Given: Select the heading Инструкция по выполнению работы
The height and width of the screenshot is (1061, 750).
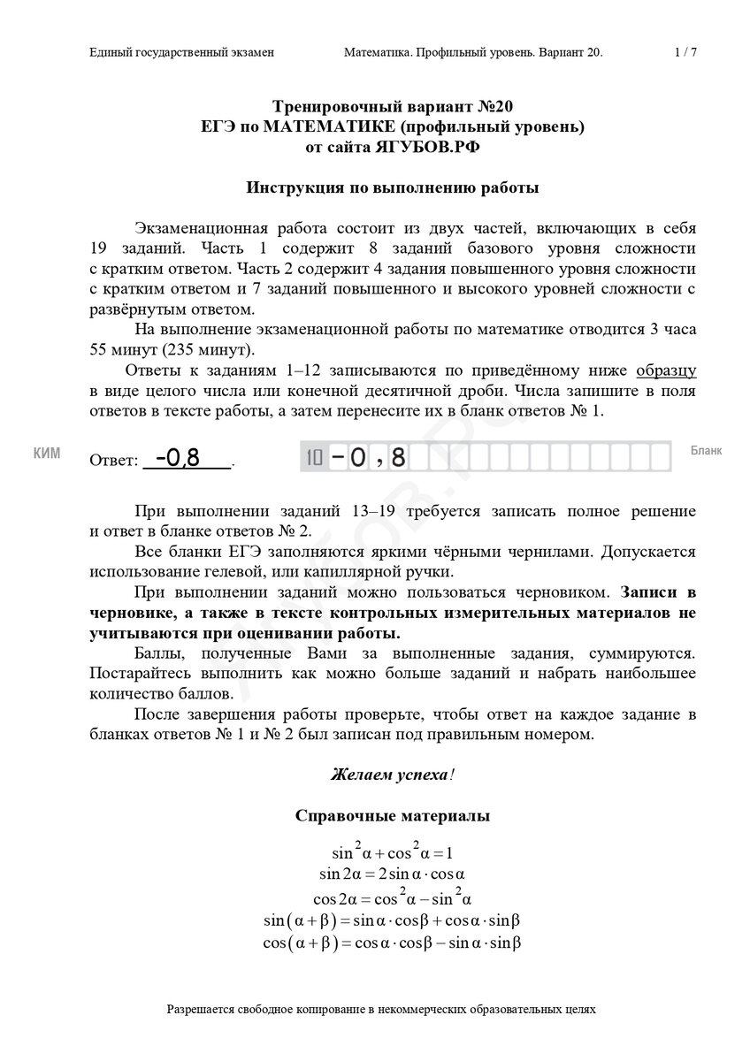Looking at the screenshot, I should point(392,187).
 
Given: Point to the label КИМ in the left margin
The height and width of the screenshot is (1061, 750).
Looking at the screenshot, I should point(46,454).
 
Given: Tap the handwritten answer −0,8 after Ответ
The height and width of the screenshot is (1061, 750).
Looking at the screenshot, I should point(179,457).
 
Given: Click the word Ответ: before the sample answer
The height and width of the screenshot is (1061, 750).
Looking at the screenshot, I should point(114,461).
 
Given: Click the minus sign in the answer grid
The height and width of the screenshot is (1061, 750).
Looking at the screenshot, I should point(337,457).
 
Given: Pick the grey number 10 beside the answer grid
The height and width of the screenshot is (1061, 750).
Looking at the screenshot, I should point(313,457).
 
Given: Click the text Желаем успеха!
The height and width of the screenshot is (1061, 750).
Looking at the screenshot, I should point(392,775).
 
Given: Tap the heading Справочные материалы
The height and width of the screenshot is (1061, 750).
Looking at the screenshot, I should point(392,816).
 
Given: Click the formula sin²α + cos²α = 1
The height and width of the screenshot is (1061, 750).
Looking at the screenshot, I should point(392,853).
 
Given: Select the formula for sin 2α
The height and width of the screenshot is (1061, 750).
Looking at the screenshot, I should point(392,874).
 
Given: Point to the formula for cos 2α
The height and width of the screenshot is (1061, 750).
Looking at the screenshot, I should point(392,897).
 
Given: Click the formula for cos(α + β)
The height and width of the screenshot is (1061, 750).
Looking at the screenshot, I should point(392,943).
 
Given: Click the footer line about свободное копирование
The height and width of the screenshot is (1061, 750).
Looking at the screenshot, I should point(381,1008).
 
